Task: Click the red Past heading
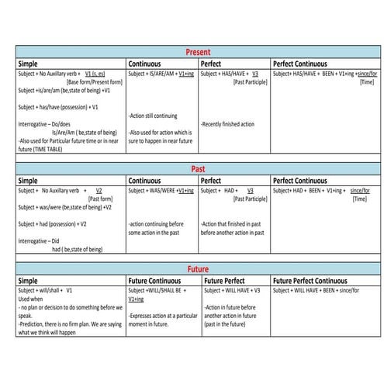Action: click(x=198, y=168)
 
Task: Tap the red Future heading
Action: click(x=198, y=268)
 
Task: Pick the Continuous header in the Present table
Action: click(x=146, y=63)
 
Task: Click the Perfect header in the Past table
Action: click(x=212, y=180)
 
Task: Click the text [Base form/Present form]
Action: click(x=95, y=81)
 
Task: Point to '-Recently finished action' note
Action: click(x=228, y=124)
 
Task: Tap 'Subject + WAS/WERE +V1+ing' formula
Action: click(x=161, y=190)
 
